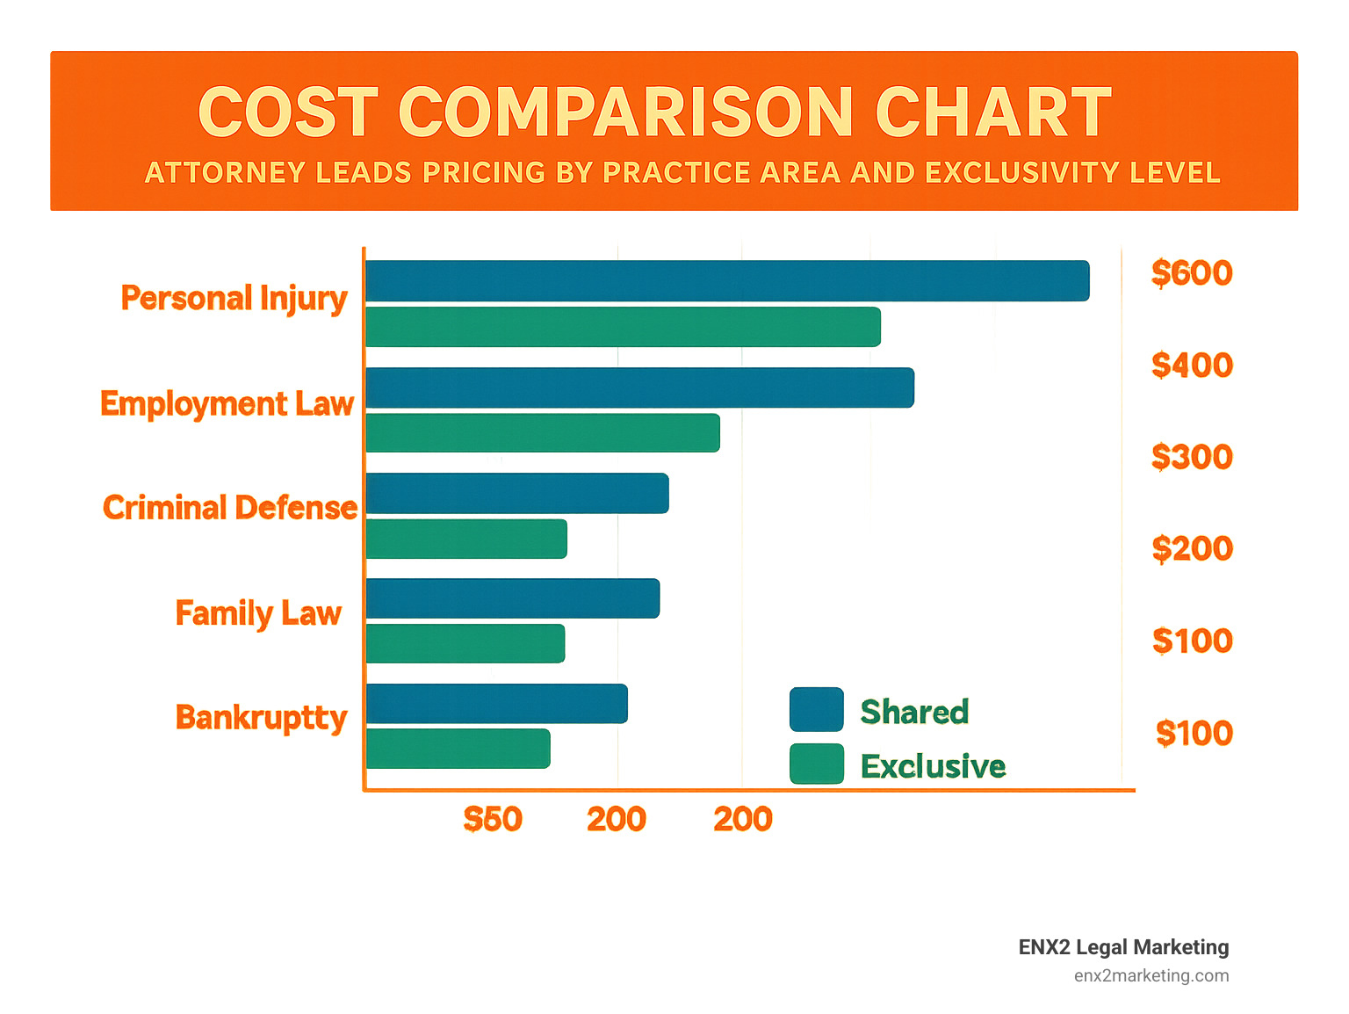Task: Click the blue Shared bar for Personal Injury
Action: point(727,281)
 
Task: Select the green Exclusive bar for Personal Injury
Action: point(623,327)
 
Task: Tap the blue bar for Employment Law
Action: point(639,387)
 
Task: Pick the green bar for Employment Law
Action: point(543,433)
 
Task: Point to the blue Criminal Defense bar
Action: point(517,493)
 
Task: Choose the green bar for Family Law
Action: point(465,643)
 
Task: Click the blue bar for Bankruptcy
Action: point(496,704)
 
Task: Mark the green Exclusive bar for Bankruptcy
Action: point(458,749)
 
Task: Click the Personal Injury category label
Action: point(234,299)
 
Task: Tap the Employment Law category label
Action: point(227,403)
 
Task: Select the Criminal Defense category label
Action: point(230,508)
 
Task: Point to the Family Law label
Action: point(258,612)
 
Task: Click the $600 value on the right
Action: point(1192,273)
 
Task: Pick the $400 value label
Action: point(1192,366)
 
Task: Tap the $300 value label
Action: point(1192,457)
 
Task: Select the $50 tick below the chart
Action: point(493,820)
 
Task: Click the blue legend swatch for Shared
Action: point(816,710)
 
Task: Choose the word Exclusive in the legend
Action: point(933,766)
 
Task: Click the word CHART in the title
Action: point(993,112)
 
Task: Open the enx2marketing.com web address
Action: point(1151,975)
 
